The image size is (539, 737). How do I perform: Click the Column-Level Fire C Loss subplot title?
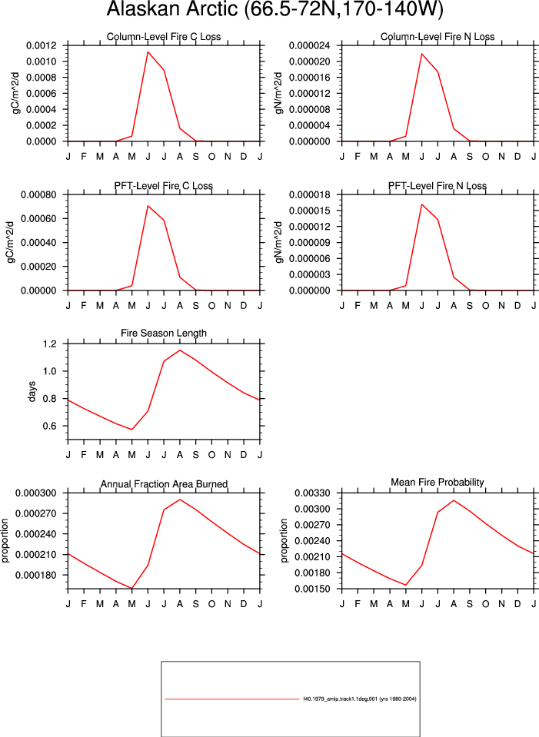164,37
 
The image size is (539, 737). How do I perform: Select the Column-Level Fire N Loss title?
438,37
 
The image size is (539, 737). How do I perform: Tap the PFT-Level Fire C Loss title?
164,186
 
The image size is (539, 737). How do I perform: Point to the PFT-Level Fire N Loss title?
438,186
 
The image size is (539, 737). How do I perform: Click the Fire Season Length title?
164,334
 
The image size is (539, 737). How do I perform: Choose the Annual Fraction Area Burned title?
164,484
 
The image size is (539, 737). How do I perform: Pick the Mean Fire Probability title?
438,483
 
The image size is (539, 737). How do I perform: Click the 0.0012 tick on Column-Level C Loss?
41,45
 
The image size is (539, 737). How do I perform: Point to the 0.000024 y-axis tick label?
309,45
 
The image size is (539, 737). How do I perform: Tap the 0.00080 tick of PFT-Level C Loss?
38,194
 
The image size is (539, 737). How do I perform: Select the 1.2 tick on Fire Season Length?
49,344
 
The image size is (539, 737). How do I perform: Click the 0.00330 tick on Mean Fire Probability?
312,493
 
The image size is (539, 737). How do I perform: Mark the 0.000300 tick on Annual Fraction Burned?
35,493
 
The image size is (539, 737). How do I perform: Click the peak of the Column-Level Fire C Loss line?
148,51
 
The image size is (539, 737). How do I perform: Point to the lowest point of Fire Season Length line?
132,430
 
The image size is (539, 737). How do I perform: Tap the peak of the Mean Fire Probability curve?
454,500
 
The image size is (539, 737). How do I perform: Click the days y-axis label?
32,391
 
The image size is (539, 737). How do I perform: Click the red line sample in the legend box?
232,699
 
